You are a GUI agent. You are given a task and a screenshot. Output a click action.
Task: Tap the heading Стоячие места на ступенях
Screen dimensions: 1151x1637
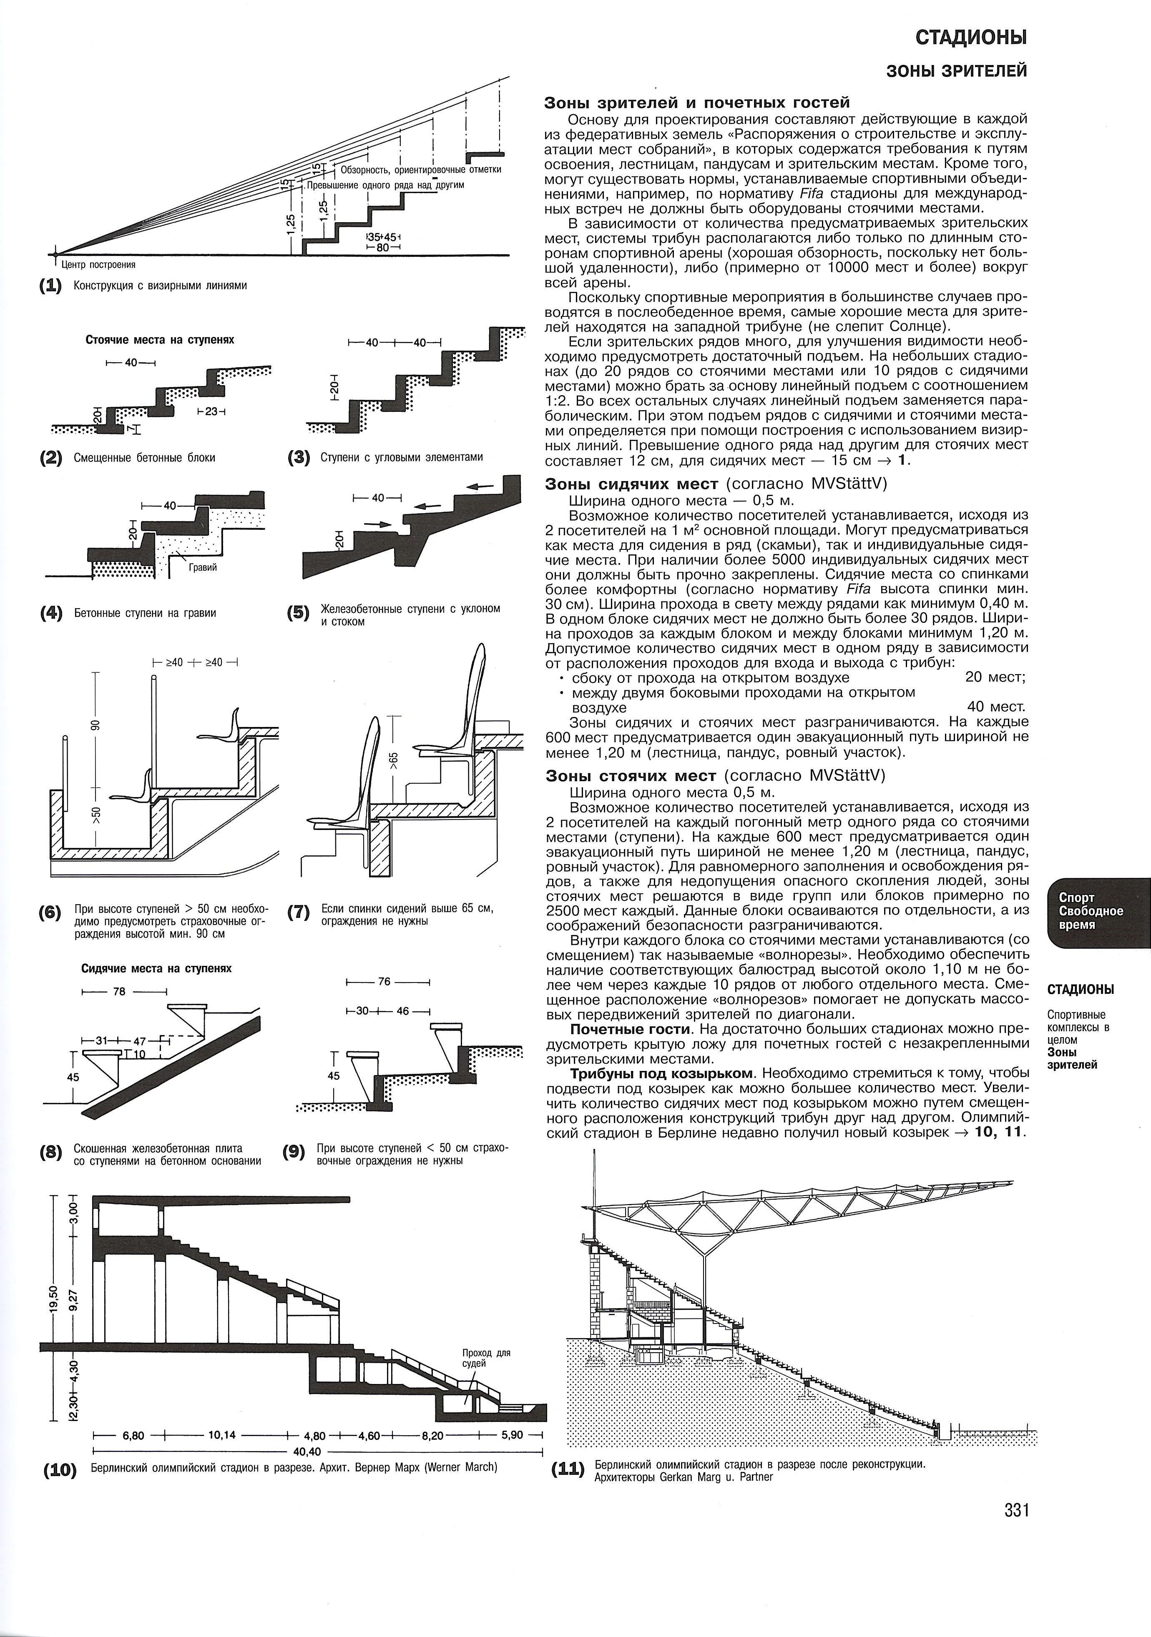[160, 340]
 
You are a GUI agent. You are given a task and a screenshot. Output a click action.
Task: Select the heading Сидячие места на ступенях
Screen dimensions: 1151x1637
[156, 968]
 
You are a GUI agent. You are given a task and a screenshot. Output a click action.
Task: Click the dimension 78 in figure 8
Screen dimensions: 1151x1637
[119, 992]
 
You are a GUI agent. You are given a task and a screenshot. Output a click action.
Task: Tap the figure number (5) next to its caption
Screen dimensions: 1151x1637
[298, 613]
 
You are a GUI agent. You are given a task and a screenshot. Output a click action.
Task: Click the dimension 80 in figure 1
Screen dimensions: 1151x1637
[383, 247]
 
